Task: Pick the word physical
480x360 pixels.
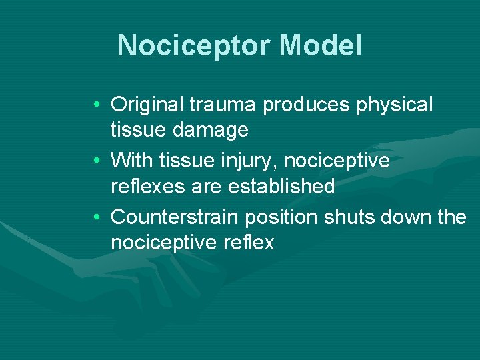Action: point(396,105)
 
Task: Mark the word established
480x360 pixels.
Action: point(281,186)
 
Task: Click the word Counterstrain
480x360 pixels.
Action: point(176,217)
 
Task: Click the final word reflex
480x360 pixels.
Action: point(250,243)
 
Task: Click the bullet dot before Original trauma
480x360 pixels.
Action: point(97,105)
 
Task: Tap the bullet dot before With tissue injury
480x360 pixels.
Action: point(97,161)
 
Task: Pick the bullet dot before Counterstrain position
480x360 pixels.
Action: point(97,217)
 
